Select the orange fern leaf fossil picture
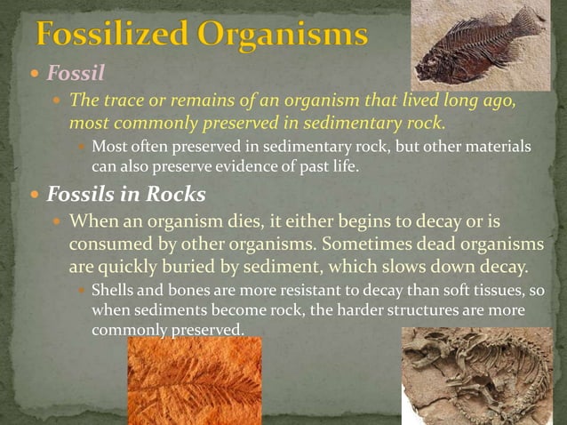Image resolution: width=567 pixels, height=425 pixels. (x=195, y=381)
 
